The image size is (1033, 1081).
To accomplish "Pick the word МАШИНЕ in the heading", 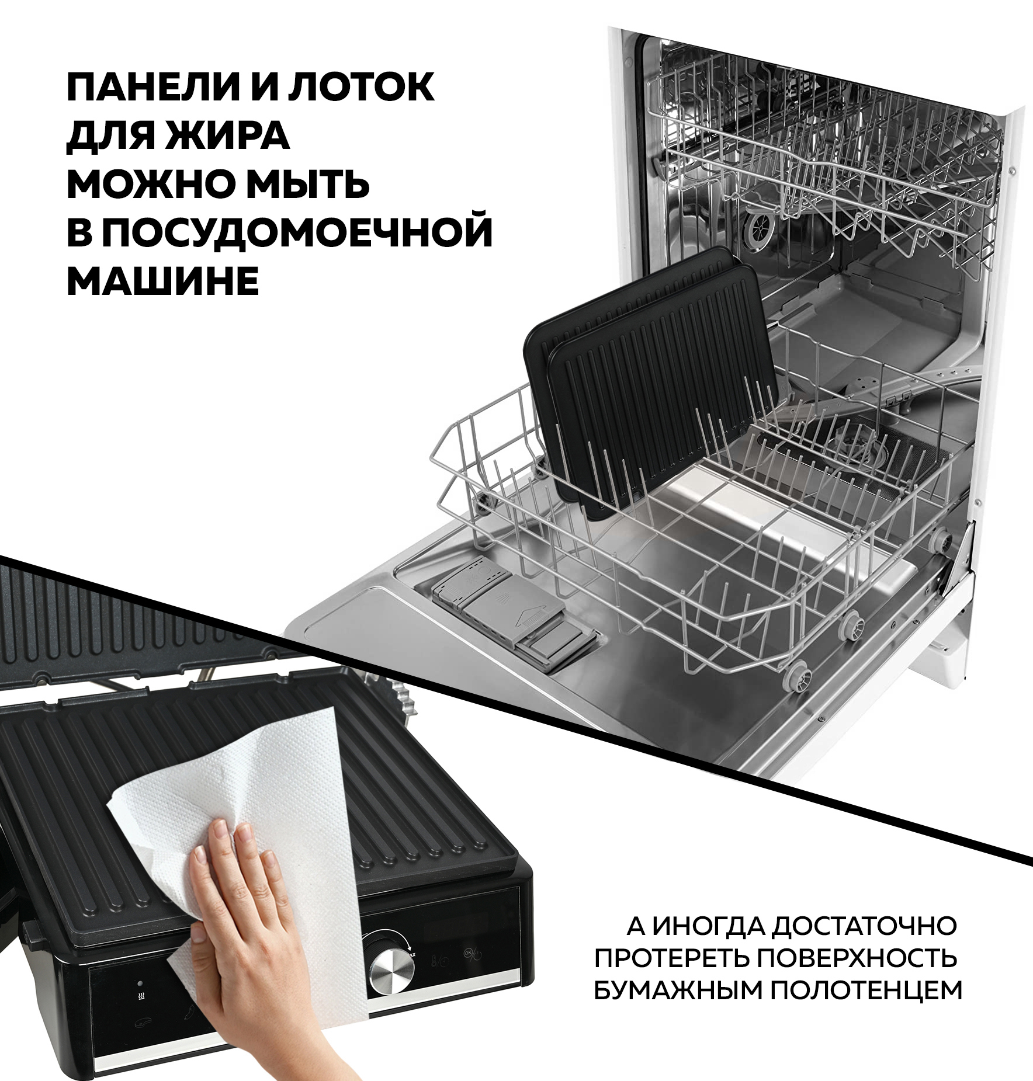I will (163, 281).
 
